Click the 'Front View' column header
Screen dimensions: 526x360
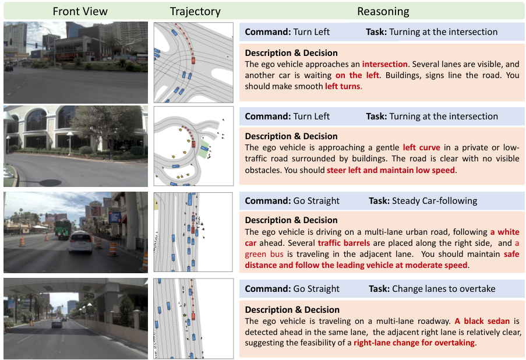click(x=80, y=12)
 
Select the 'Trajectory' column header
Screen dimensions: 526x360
click(x=195, y=12)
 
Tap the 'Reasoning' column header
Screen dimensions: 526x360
click(x=383, y=12)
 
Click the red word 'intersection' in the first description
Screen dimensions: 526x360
click(x=384, y=64)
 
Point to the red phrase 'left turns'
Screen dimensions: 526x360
click(x=343, y=86)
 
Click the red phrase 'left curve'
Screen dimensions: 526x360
click(x=421, y=147)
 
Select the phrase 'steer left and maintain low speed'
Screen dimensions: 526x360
click(x=391, y=170)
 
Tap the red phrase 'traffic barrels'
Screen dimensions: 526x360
click(x=344, y=243)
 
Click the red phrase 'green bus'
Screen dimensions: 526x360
click(x=264, y=254)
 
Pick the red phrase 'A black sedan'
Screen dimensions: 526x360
click(x=482, y=321)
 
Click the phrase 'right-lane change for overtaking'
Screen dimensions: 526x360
click(x=414, y=343)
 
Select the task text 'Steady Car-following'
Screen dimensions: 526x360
click(x=435, y=200)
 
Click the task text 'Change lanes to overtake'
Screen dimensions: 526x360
click(x=443, y=288)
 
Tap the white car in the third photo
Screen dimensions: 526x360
click(x=80, y=242)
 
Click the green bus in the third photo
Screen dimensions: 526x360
click(x=63, y=229)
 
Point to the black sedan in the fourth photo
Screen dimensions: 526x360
click(x=57, y=323)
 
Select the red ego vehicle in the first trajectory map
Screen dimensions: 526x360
click(x=193, y=61)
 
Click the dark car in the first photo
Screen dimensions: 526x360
click(x=9, y=67)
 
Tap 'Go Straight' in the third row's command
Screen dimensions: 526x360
click(x=316, y=200)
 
